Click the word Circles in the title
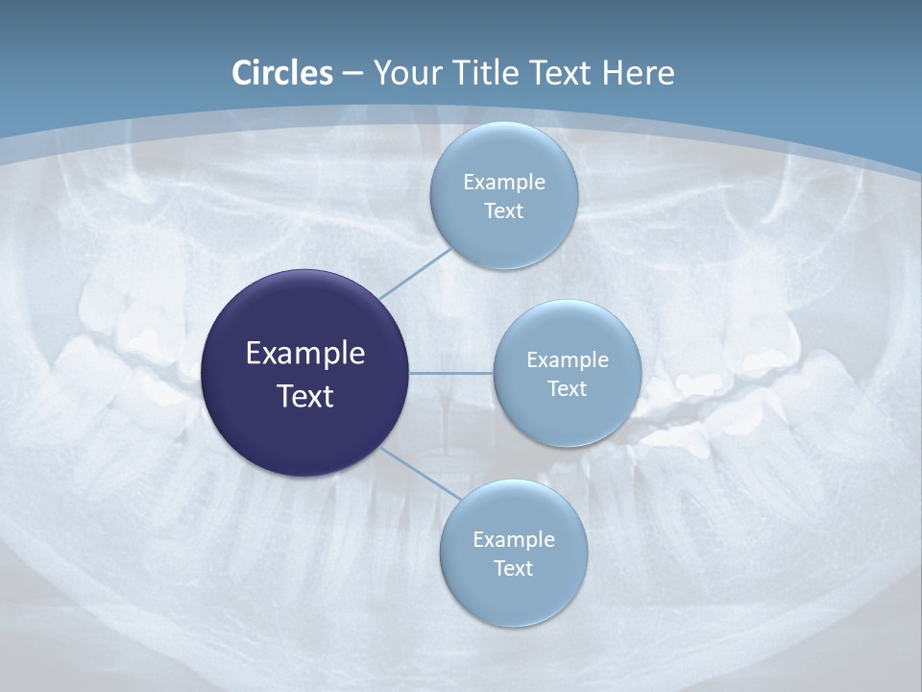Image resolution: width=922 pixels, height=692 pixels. tap(282, 73)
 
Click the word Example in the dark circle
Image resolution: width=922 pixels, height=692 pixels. tap(304, 354)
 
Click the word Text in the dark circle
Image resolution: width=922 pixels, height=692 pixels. tap(304, 396)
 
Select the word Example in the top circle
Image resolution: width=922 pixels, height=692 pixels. tap(503, 183)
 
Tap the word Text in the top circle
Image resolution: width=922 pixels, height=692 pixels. tap(503, 211)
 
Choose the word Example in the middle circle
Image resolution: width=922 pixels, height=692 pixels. tap(567, 360)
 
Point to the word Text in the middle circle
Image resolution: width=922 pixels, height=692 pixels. tap(567, 389)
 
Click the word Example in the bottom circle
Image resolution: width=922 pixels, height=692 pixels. tap(513, 540)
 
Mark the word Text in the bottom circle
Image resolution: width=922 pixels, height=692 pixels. tap(513, 569)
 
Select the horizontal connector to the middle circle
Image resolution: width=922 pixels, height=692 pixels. tap(450, 373)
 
